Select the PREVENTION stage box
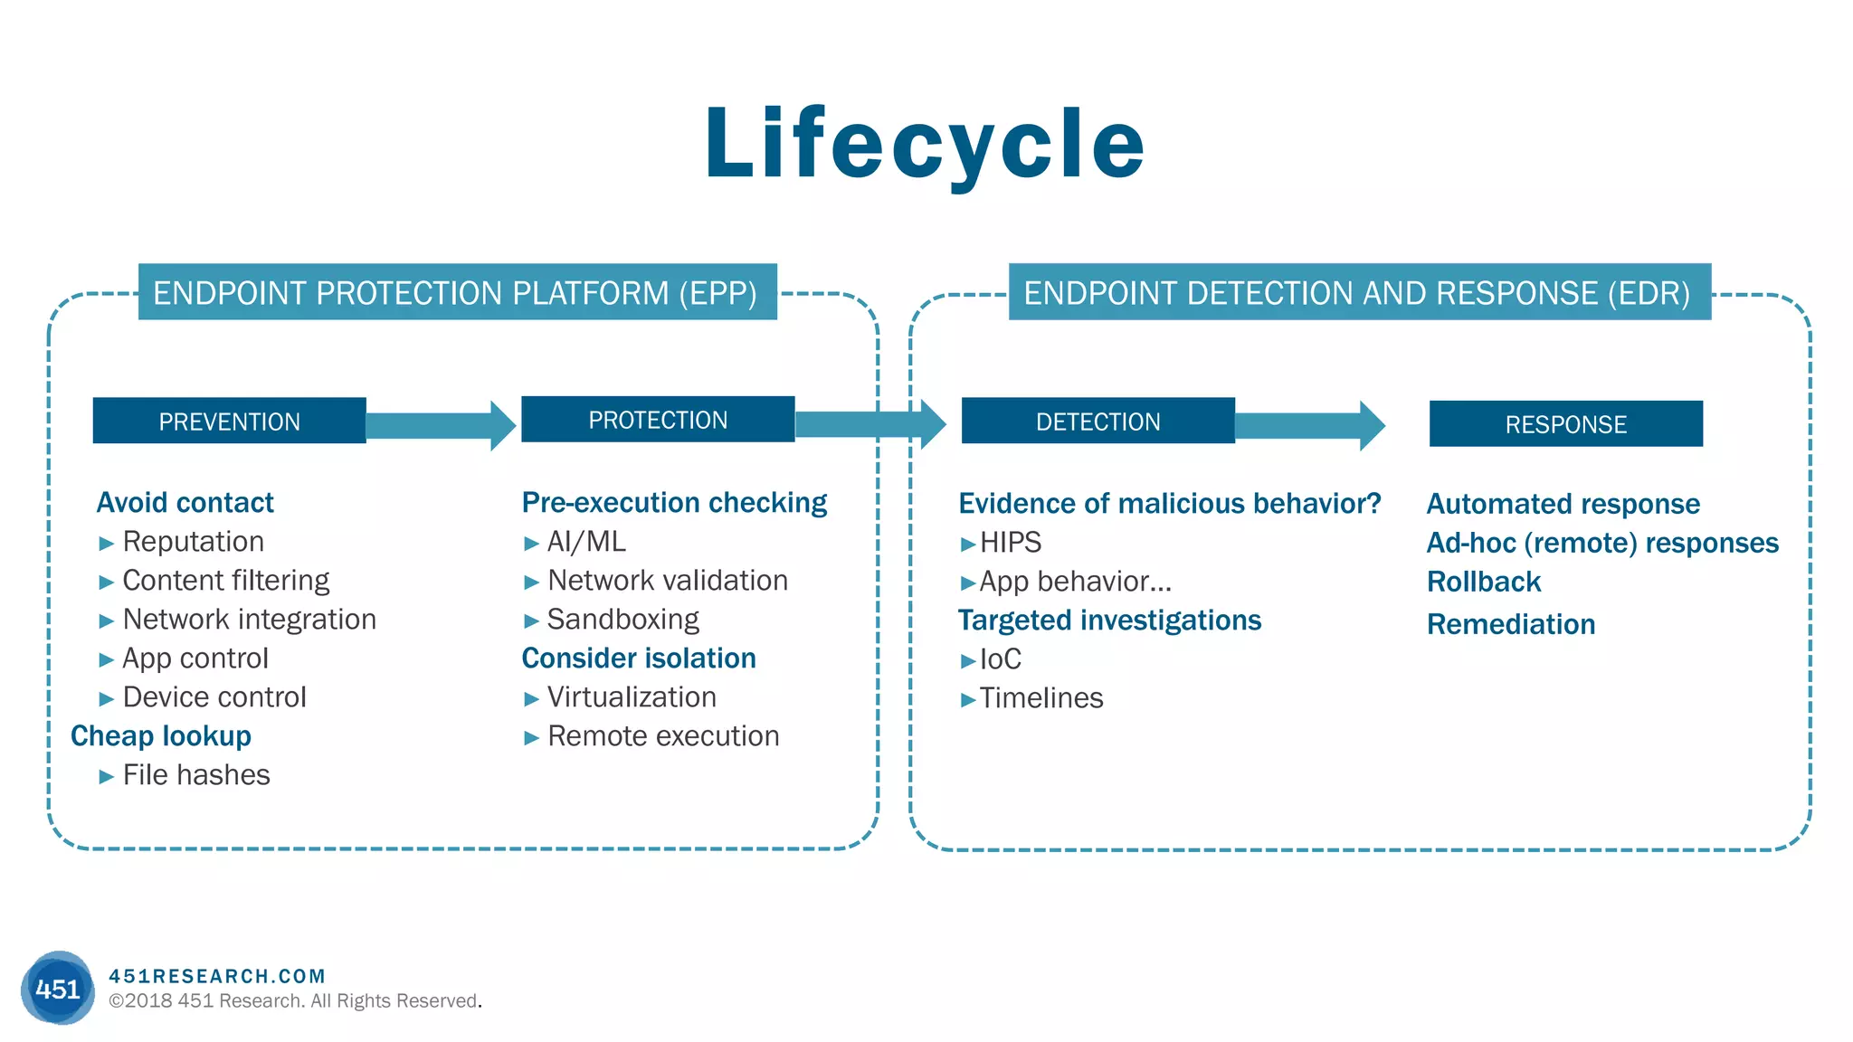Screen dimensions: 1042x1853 [x=229, y=421]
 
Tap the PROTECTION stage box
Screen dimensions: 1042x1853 [x=658, y=420]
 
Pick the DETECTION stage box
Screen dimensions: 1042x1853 [x=1098, y=421]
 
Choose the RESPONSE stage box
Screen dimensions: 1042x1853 [x=1565, y=424]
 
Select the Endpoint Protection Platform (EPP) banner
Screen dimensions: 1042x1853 [x=457, y=292]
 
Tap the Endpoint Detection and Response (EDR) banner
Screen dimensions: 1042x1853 [x=1359, y=292]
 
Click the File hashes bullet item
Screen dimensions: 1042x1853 [x=195, y=775]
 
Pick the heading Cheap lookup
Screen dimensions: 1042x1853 [x=161, y=736]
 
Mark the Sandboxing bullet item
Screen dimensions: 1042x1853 [x=622, y=620]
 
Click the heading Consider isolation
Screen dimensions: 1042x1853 [x=639, y=658]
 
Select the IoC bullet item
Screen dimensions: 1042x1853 [x=1000, y=659]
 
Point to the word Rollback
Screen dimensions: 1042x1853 [x=1483, y=582]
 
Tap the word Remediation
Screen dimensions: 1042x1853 [x=1510, y=624]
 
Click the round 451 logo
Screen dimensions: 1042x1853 [x=58, y=988]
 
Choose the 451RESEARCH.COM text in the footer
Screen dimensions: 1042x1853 [x=217, y=976]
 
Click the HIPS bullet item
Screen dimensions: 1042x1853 [x=1010, y=543]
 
